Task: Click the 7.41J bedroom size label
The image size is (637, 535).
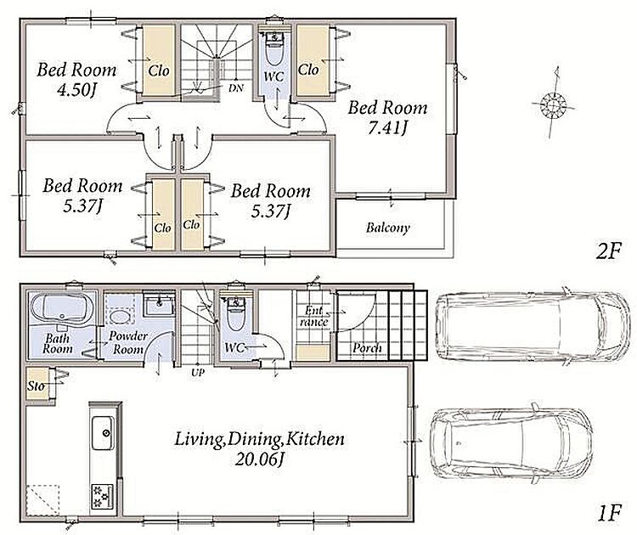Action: (387, 128)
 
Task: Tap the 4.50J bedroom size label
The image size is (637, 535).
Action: (77, 90)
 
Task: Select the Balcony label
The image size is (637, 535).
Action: (387, 228)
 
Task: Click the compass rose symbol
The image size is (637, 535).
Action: (553, 104)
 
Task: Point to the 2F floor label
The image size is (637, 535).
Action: (608, 251)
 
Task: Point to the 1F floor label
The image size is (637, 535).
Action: (609, 513)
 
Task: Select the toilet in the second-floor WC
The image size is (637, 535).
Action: (274, 48)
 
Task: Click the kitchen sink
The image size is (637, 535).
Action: (103, 433)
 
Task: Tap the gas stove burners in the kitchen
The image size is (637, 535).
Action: (101, 496)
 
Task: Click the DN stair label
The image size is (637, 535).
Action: (235, 87)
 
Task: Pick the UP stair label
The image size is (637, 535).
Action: (198, 372)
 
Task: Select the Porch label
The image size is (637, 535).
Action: (367, 348)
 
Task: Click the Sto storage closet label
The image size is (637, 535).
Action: (36, 386)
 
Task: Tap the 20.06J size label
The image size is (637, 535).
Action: (259, 459)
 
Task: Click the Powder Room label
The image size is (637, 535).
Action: (128, 342)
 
